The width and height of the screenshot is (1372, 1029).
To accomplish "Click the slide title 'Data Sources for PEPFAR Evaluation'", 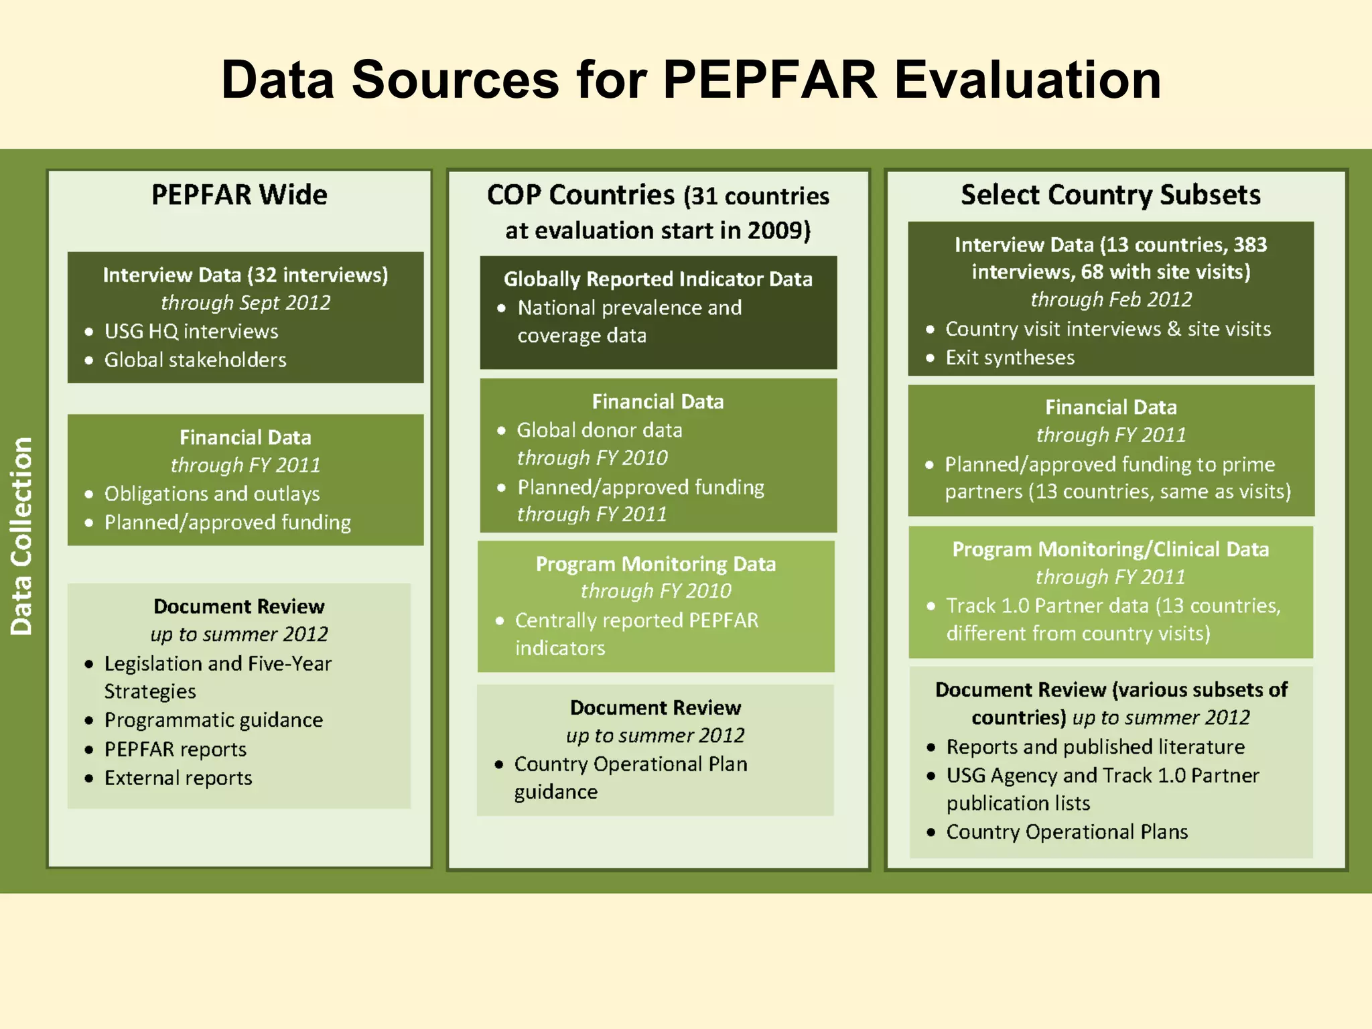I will tap(691, 80).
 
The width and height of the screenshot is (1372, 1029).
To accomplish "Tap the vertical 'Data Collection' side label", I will tap(21, 535).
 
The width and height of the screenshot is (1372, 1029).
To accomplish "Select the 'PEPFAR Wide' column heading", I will tap(239, 195).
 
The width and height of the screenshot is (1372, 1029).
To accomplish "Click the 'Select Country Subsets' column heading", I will tap(1110, 195).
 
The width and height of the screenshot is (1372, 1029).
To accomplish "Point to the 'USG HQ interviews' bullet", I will tap(191, 332).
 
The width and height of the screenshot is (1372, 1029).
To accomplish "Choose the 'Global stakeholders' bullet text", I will tap(195, 360).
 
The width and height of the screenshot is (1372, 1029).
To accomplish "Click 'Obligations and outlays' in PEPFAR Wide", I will tap(212, 494).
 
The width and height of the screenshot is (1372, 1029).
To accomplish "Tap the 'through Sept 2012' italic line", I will tap(245, 303).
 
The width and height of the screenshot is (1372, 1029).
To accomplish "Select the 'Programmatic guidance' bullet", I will tap(213, 720).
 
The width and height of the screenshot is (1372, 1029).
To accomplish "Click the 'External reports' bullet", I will tap(178, 778).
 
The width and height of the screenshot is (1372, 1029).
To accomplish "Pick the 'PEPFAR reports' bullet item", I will tap(175, 750).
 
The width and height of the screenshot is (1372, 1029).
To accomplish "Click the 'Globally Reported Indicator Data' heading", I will tap(658, 279).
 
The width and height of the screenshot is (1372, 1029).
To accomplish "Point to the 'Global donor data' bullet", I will tap(599, 430).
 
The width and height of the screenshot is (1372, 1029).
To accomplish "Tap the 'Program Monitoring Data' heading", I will tap(655, 564).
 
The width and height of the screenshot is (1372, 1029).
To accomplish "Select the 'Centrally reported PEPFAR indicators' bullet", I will tap(636, 634).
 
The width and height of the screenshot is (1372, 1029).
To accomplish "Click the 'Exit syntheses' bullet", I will tap(1010, 358).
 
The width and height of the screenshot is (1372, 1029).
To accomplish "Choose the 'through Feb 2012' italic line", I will tap(1111, 299).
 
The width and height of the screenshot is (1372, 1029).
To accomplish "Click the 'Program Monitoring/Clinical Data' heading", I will tap(1110, 549).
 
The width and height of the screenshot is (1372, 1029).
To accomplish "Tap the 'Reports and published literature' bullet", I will tap(1095, 747).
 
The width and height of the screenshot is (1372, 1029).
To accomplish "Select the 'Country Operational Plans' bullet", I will tap(1067, 832).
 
